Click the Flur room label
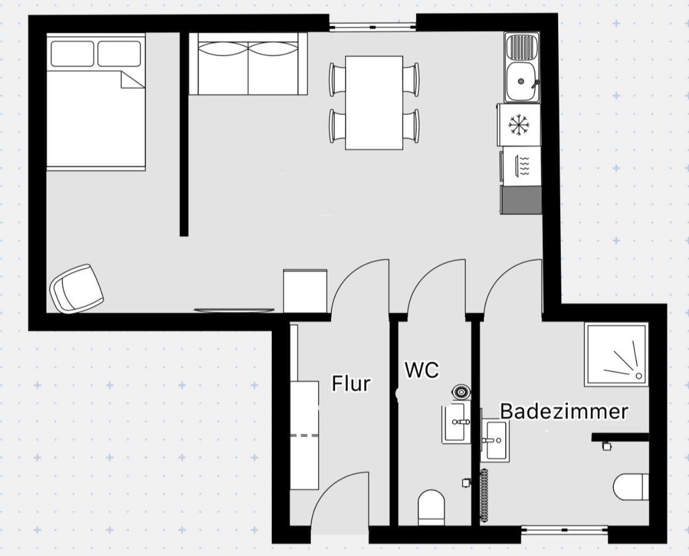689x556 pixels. click(x=351, y=383)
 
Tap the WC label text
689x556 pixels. click(x=421, y=370)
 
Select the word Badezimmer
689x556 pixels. click(x=564, y=412)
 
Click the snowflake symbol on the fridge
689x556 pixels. click(x=519, y=124)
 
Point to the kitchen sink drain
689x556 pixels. click(x=521, y=81)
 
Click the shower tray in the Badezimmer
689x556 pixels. click(x=616, y=355)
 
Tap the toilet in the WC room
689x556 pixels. click(x=431, y=508)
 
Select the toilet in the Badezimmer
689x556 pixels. click(x=631, y=487)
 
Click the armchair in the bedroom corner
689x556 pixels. click(x=76, y=288)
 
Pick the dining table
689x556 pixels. click(x=374, y=103)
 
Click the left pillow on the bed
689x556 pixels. click(x=72, y=54)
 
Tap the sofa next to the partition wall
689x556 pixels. click(x=248, y=64)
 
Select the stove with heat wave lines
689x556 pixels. click(x=521, y=166)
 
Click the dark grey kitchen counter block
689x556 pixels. click(x=521, y=200)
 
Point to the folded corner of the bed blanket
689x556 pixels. click(x=132, y=80)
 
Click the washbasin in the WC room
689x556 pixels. click(x=456, y=422)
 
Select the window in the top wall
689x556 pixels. click(x=373, y=27)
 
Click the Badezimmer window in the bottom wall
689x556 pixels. click(x=565, y=530)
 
